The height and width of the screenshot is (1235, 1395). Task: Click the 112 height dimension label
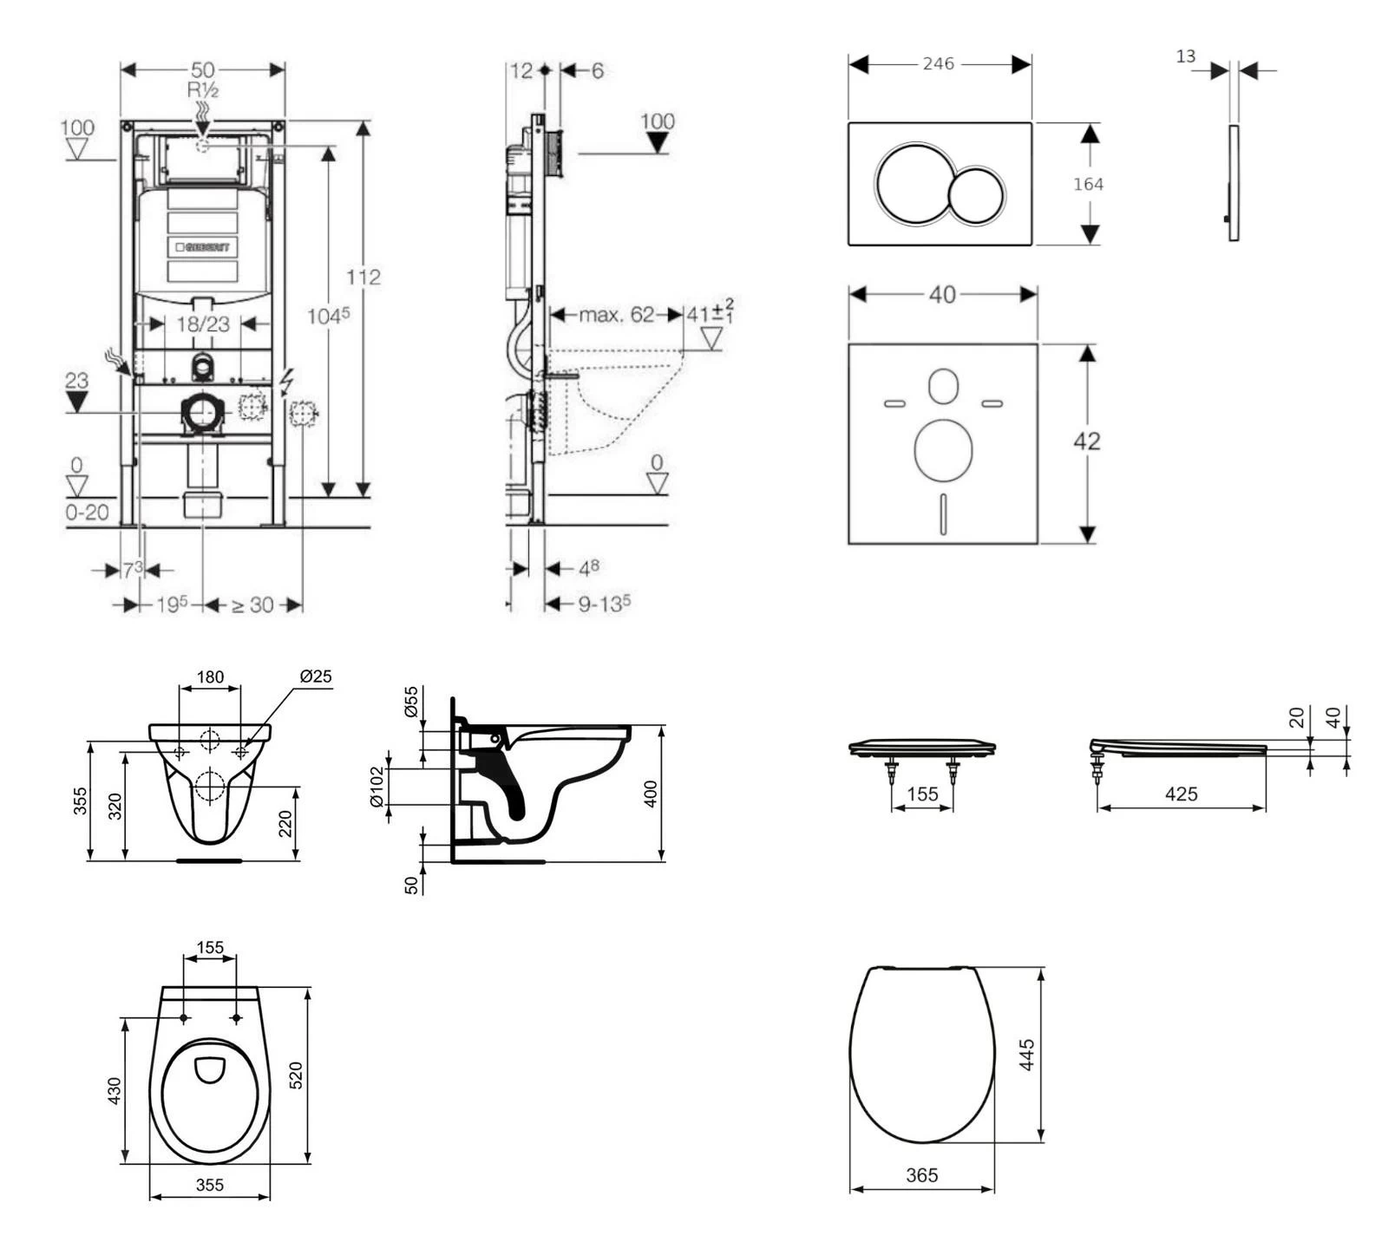click(363, 277)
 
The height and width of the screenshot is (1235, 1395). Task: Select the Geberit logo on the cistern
click(203, 247)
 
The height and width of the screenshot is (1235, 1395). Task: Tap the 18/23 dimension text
click(203, 324)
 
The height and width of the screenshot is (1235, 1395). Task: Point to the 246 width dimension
click(938, 63)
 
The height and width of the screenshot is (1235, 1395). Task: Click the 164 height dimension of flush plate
click(1088, 184)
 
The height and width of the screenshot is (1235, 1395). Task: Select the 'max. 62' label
click(617, 315)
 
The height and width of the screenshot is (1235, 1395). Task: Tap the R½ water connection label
click(202, 90)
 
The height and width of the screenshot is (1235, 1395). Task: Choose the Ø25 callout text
click(316, 676)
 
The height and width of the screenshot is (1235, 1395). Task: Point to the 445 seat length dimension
click(1027, 1055)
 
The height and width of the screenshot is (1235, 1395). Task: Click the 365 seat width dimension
click(921, 1175)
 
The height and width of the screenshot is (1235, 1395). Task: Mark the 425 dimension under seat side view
click(1181, 794)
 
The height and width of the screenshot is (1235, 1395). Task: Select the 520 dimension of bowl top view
click(295, 1075)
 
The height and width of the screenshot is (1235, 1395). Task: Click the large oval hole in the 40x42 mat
click(943, 450)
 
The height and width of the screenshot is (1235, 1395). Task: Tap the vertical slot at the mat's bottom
click(943, 514)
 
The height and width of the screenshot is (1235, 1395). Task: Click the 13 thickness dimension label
click(1186, 56)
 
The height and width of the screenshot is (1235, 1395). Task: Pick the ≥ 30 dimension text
click(252, 604)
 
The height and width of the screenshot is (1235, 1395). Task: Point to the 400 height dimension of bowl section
click(652, 794)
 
